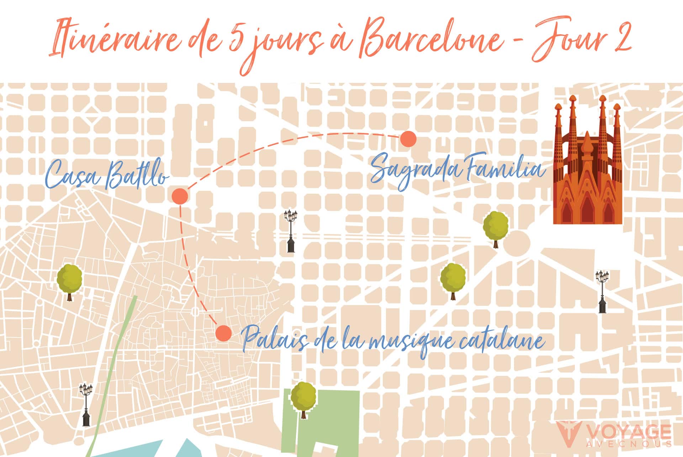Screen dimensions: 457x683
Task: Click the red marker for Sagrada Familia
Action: click(x=408, y=139)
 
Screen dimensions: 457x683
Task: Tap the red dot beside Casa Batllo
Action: click(x=180, y=196)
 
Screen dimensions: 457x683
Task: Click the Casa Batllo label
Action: click(x=107, y=175)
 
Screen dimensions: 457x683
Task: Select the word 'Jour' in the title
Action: click(x=566, y=39)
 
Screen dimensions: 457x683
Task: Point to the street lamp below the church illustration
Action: click(x=602, y=291)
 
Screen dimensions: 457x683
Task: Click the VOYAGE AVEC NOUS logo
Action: click(x=613, y=434)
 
